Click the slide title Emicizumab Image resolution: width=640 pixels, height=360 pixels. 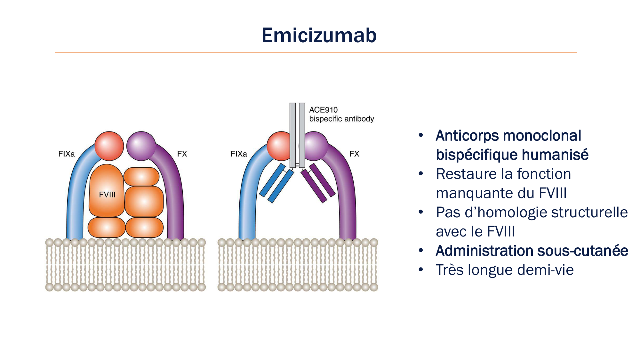tap(319, 35)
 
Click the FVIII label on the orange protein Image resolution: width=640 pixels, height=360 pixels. tap(107, 195)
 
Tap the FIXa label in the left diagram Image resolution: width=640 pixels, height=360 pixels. tap(67, 154)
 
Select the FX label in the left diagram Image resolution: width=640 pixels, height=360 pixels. tap(182, 154)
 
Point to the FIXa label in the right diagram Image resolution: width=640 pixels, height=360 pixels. tap(239, 154)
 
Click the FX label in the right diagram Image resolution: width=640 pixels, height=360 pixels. tap(354, 154)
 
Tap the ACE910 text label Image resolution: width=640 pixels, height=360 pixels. tap(323, 110)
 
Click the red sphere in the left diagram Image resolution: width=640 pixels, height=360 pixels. tap(109, 146)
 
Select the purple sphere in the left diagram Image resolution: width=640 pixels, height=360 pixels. tap(141, 146)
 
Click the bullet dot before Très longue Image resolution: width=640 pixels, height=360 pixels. tap(421, 270)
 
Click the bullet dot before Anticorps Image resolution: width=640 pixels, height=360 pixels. tap(421, 135)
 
